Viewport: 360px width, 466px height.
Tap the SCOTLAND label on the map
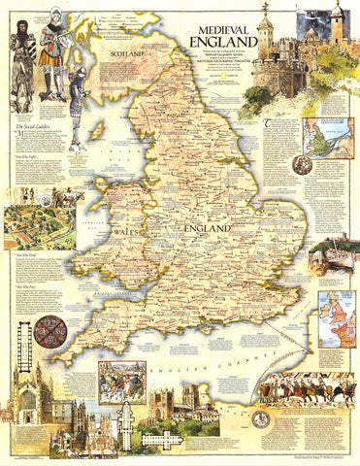(132, 56)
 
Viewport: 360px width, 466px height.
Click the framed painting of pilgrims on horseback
(122, 384)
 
